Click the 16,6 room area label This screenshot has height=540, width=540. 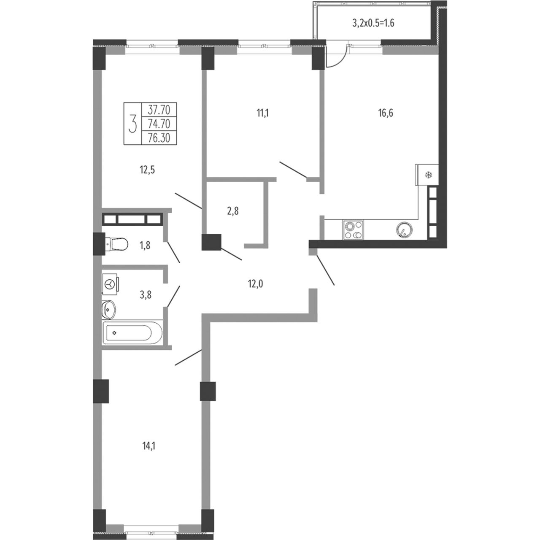(385, 113)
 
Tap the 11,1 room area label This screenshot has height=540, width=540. (262, 113)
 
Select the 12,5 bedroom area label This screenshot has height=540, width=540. (147, 170)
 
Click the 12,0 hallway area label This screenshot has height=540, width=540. (255, 284)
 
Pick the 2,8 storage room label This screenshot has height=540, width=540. (232, 211)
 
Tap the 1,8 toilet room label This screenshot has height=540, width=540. (145, 246)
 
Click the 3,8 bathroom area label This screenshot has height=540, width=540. (145, 295)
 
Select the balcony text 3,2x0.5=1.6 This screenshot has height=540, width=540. (373, 23)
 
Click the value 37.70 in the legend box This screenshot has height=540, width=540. (159, 110)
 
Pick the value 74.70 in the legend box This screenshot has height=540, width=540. (159, 123)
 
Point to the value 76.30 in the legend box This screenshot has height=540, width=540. (159, 138)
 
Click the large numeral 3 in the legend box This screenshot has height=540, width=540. (133, 124)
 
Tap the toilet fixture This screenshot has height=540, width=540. (116, 244)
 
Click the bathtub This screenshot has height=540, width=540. (132, 333)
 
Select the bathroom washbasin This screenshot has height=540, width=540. (109, 310)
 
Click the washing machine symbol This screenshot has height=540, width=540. (110, 284)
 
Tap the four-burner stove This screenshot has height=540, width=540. (353, 230)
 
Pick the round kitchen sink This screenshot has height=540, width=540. (405, 230)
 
